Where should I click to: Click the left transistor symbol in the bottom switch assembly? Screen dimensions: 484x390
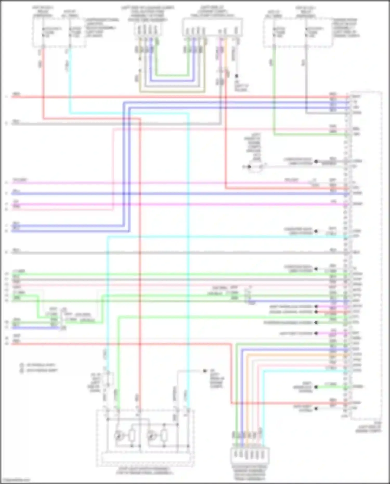click(x=119, y=436)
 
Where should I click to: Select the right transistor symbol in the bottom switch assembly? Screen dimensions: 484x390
click(x=151, y=436)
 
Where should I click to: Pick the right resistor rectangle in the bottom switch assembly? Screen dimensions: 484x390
click(x=164, y=436)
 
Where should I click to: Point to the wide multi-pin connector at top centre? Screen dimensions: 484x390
click(x=212, y=27)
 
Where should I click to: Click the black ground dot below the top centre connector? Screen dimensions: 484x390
click(x=237, y=76)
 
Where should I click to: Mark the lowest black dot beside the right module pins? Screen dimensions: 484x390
click(x=316, y=409)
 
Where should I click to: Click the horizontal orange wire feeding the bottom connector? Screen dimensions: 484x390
click(x=296, y=355)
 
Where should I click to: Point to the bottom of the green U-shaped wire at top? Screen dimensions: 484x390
click(x=172, y=75)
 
